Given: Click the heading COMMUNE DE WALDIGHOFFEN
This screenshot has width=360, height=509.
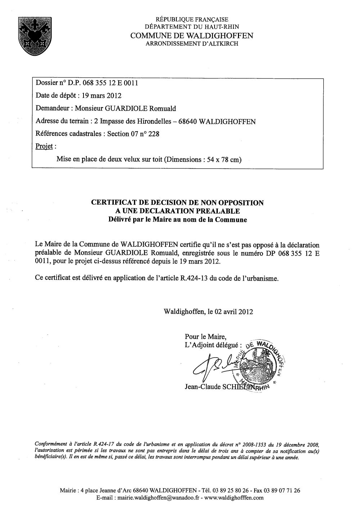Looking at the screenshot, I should [x=192, y=36].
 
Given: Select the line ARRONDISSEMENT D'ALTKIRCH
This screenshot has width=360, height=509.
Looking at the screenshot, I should [x=192, y=44].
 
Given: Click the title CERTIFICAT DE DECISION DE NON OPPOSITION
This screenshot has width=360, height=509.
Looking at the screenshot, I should [x=177, y=203].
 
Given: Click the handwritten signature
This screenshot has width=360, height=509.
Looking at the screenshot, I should [x=212, y=365].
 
